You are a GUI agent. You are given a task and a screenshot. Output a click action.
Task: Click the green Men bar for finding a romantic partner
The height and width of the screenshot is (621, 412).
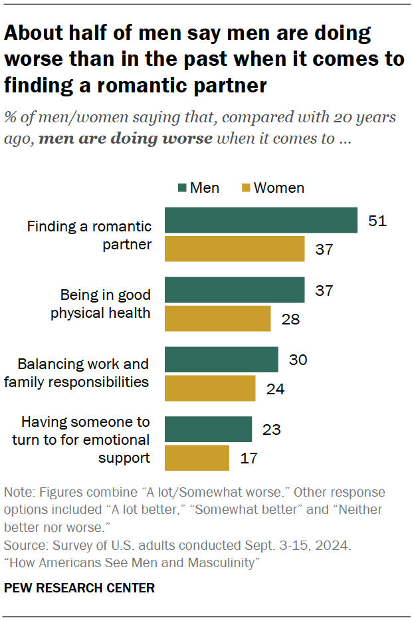coord(260,220)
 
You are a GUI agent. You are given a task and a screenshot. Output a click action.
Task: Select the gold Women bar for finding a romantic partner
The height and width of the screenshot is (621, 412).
coord(234,249)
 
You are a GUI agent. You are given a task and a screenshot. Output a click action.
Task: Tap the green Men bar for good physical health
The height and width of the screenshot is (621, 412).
coord(234,290)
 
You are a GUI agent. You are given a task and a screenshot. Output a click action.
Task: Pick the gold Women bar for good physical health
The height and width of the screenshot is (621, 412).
coord(217,318)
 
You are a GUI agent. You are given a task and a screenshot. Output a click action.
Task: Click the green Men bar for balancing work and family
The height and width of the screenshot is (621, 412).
coord(221,359)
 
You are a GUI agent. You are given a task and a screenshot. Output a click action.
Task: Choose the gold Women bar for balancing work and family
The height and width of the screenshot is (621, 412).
coord(209,388)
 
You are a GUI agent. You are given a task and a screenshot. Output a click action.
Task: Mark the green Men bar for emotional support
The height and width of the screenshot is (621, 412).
coord(208,429)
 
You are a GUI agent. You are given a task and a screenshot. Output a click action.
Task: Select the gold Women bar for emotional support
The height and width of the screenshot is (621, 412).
coord(197,458)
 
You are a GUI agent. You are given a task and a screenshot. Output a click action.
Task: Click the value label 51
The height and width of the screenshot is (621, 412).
coord(377,220)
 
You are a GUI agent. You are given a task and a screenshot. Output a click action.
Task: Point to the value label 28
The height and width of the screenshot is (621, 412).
coord(290,319)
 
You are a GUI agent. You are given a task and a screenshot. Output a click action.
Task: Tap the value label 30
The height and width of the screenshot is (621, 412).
coord(298,359)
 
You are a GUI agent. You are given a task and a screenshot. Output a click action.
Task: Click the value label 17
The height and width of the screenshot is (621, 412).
coord(249,458)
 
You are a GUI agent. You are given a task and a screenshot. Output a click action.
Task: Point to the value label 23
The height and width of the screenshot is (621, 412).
coord(271,429)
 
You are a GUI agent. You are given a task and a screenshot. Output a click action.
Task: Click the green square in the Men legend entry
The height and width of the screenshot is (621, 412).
coord(182,188)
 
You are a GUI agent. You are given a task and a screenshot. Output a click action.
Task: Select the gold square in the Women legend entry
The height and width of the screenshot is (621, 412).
coord(245,188)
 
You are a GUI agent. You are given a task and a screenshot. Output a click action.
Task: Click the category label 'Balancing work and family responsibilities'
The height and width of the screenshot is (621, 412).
coord(83,373)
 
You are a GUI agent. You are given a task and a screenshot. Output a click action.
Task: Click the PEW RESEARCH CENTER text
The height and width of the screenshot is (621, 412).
coord(79,588)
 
